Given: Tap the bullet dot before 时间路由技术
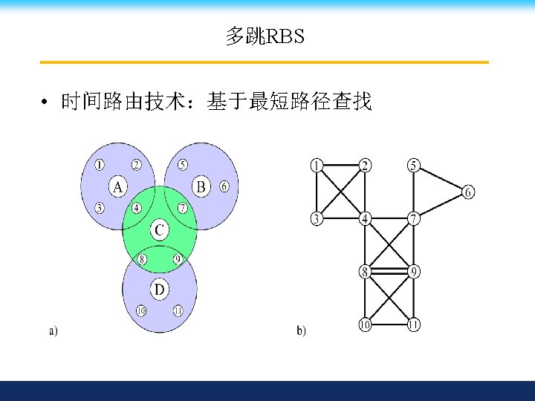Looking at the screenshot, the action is click(45, 102).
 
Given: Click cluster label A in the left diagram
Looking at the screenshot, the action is click(117, 186).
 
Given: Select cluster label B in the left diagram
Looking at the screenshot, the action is click(201, 186).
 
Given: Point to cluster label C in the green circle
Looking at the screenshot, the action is click(160, 228).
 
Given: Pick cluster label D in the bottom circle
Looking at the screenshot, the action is click(159, 288).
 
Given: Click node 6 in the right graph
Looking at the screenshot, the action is click(469, 192).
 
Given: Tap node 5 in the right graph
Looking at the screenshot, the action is click(414, 165).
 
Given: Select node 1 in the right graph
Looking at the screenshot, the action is click(317, 165).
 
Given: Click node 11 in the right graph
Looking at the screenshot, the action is click(414, 325).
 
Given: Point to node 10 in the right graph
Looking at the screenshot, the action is click(365, 325).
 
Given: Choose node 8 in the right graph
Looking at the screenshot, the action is click(365, 272).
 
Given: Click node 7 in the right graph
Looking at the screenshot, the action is click(414, 218).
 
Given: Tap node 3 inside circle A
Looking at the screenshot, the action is click(100, 209).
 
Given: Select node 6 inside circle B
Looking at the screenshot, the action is click(224, 187).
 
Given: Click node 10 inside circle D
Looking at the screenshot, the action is click(140, 310).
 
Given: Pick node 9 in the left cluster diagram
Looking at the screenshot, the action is click(178, 258).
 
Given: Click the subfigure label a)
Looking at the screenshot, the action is click(53, 330).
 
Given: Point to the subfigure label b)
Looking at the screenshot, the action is click(301, 330).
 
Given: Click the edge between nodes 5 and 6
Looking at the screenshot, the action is click(441, 179).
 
